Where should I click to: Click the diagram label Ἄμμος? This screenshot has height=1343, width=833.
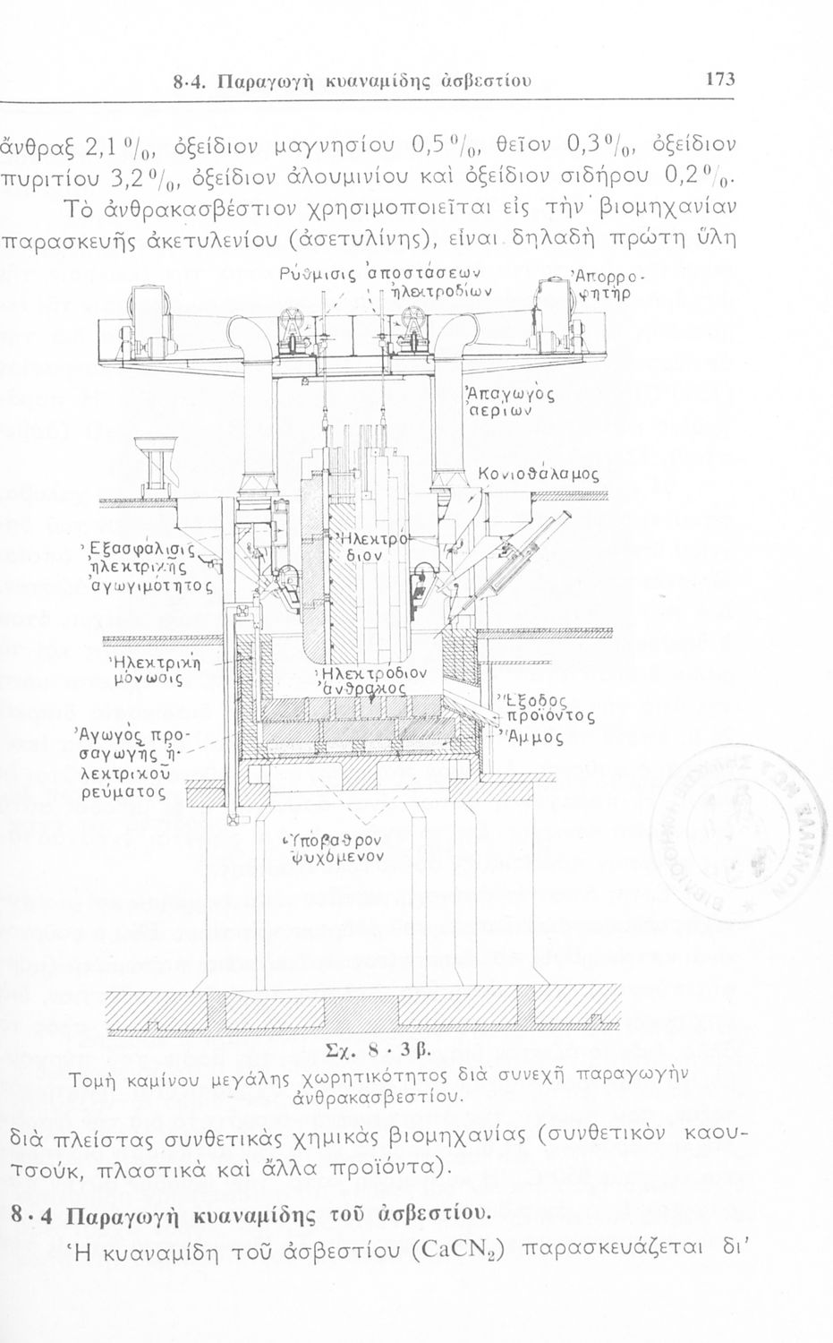(x=535, y=737)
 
